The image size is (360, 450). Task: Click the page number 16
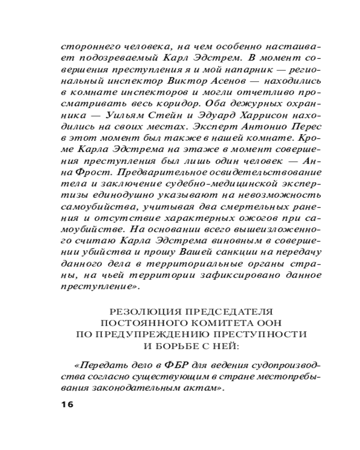(x=66, y=404)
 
